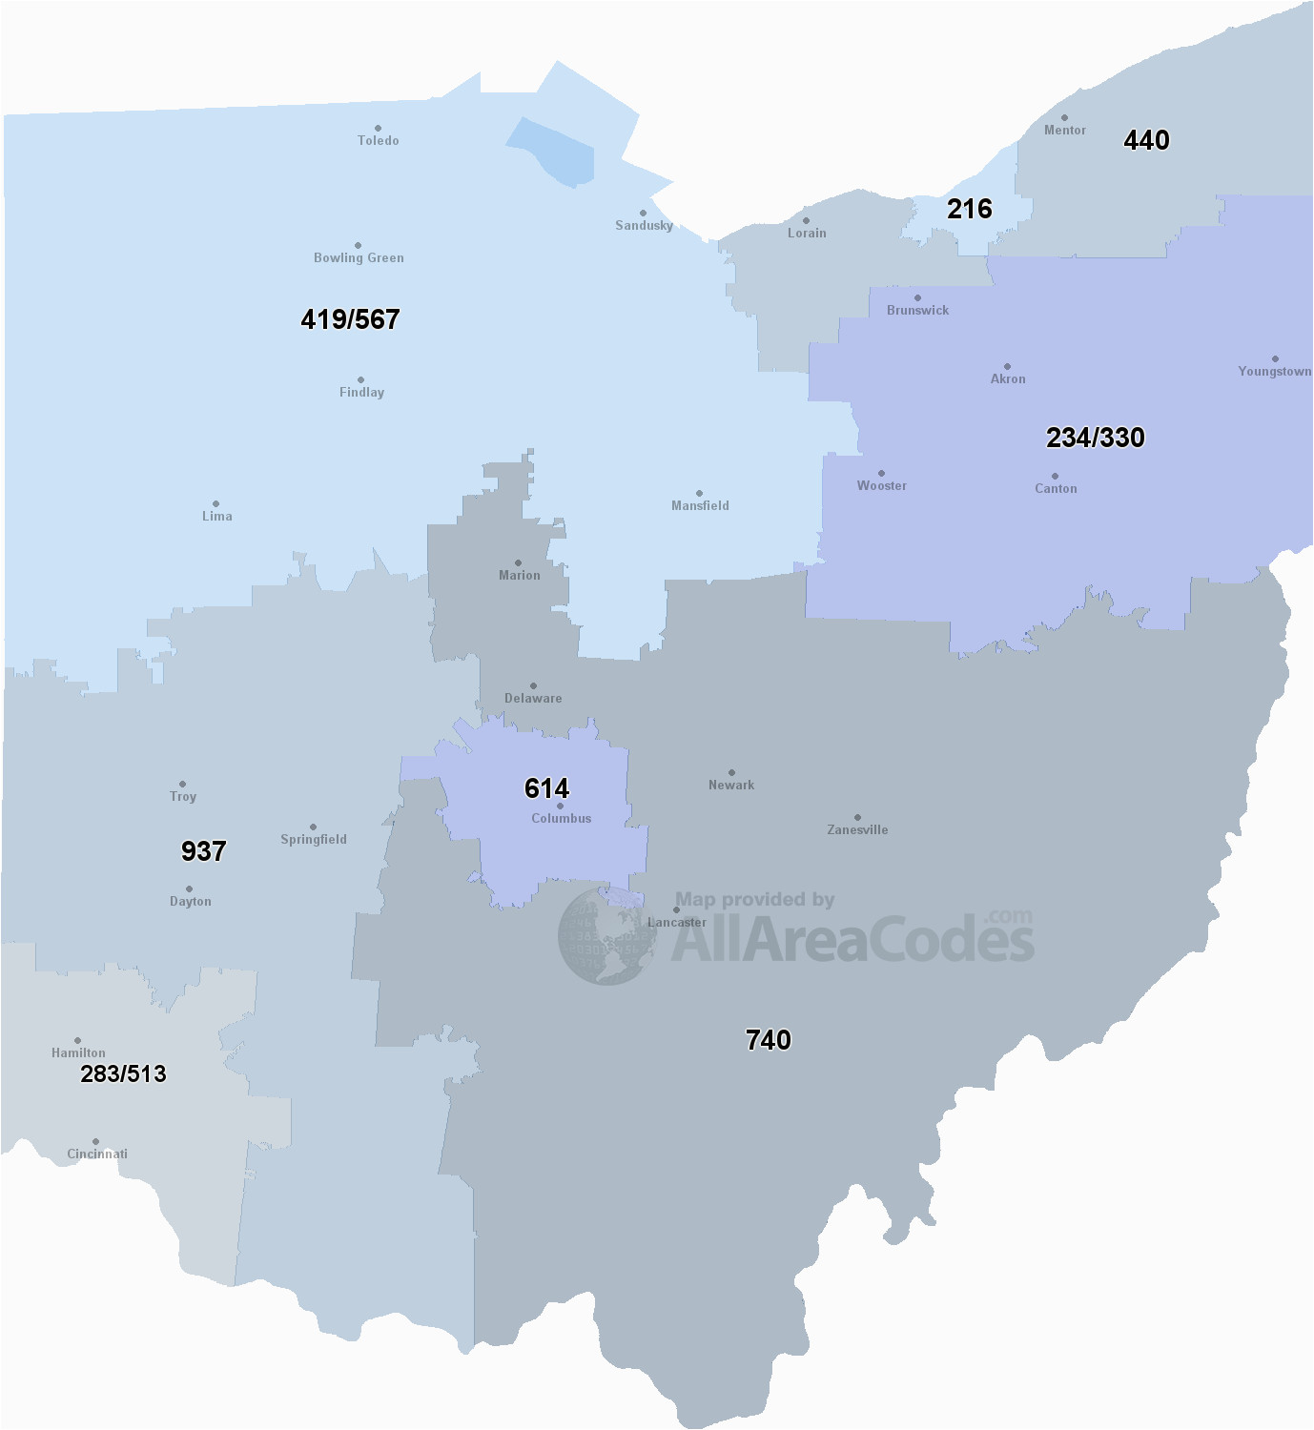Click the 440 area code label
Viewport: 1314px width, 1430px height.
[1146, 140]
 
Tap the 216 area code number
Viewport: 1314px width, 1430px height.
[969, 209]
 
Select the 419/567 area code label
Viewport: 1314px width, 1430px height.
[350, 319]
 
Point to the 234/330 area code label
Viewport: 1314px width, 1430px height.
[1095, 438]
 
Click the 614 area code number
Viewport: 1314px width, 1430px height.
[546, 788]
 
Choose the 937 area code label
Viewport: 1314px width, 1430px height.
[203, 850]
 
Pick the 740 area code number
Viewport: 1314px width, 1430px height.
[768, 1039]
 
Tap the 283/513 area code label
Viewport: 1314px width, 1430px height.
[123, 1073]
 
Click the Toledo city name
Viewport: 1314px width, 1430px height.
[379, 140]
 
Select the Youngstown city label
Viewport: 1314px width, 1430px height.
[1274, 372]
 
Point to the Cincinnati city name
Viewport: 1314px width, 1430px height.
[97, 1154]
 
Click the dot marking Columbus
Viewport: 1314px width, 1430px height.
[560, 807]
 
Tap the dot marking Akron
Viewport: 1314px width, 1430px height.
[1007, 366]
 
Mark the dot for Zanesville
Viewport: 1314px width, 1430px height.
[857, 817]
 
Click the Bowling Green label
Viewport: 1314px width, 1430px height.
[359, 257]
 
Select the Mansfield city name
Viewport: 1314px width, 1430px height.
[700, 506]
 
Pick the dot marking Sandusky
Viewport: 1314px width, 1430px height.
[643, 214]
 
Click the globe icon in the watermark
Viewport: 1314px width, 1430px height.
[607, 935]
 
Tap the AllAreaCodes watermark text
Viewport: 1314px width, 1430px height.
[852, 939]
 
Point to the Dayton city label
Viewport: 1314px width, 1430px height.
[191, 902]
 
